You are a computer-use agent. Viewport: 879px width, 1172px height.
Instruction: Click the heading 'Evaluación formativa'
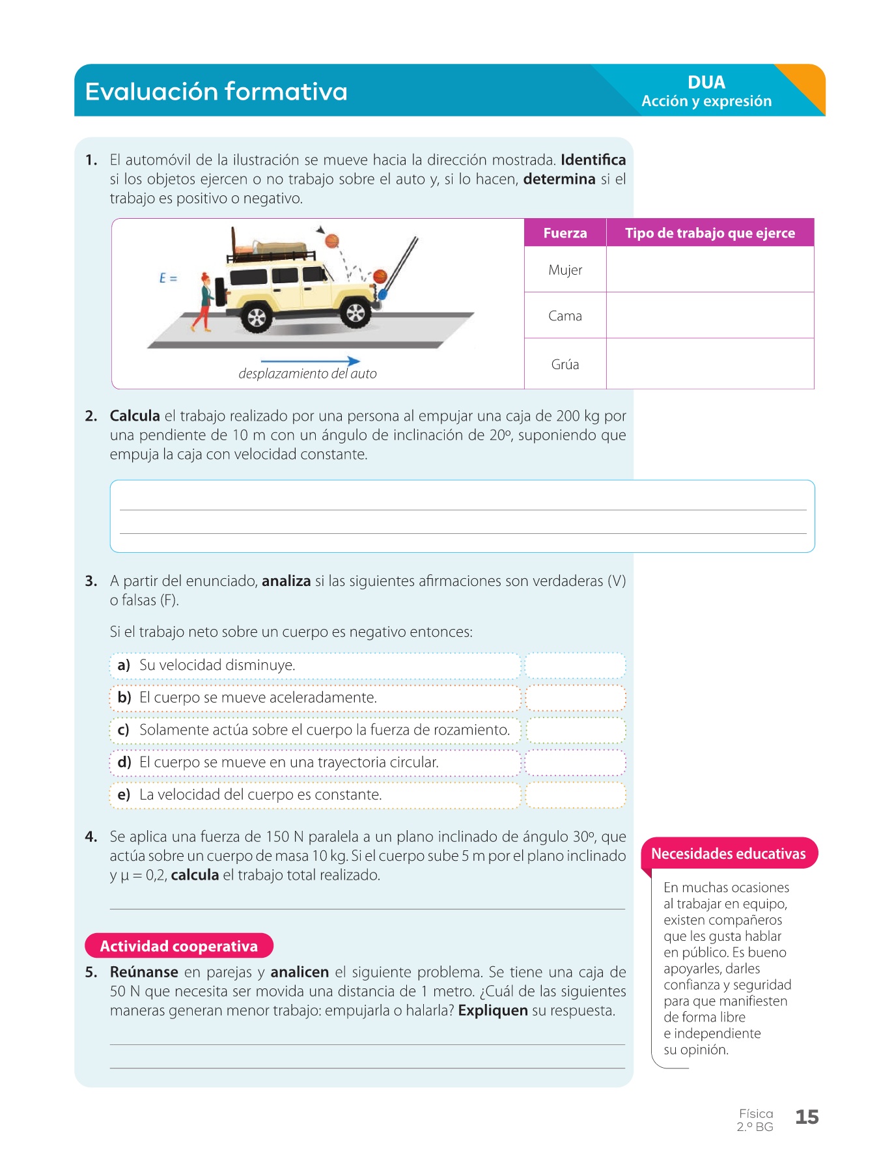[x=216, y=92]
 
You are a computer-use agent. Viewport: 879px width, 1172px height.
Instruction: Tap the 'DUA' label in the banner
[x=706, y=83]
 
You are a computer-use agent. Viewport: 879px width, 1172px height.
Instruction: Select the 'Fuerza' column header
[x=565, y=233]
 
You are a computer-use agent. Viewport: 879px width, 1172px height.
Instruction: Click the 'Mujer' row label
[x=565, y=270]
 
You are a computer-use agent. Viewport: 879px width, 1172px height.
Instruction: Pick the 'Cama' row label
[x=565, y=316]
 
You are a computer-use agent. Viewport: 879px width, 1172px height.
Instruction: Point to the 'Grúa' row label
[x=565, y=365]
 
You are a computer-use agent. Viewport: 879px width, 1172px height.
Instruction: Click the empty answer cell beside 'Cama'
[x=710, y=316]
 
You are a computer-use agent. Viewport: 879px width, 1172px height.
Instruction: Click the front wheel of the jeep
[x=356, y=313]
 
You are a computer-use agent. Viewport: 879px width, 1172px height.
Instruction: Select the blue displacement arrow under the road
[x=310, y=361]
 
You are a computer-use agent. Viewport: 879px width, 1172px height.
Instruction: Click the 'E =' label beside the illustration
[x=168, y=278]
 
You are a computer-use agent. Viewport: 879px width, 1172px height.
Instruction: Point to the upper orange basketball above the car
[x=332, y=241]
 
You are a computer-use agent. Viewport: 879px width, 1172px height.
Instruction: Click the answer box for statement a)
[x=575, y=665]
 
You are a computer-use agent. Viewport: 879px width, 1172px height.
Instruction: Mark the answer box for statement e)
[x=575, y=795]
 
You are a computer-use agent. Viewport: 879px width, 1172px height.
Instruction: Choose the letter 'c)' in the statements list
[x=123, y=730]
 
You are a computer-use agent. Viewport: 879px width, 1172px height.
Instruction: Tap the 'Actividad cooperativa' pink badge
[x=179, y=946]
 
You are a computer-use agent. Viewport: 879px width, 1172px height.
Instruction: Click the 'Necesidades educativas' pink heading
[x=729, y=854]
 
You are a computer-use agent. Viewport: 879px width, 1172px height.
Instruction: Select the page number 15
[x=807, y=1117]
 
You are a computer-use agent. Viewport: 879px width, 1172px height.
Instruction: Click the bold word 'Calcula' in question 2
[x=135, y=416]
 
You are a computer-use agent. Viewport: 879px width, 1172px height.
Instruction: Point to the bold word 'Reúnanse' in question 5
[x=144, y=972]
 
